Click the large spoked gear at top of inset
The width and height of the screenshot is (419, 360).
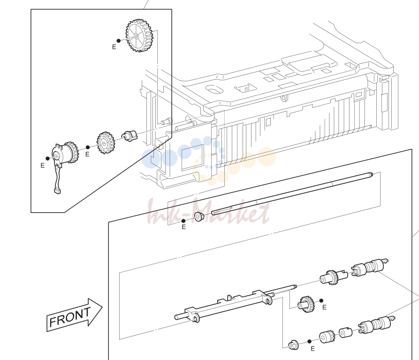(x=139, y=35)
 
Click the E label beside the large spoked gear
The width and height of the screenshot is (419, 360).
(x=114, y=47)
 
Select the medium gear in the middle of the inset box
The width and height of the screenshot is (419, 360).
(x=106, y=143)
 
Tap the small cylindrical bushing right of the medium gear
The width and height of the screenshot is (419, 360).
(x=130, y=136)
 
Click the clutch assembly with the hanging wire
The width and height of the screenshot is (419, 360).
(x=65, y=154)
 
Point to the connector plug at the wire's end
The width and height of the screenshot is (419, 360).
(x=57, y=191)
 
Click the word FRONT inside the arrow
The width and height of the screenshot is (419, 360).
(x=70, y=316)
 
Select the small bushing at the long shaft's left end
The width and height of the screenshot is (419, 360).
(x=199, y=216)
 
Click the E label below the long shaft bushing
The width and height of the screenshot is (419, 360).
(x=183, y=227)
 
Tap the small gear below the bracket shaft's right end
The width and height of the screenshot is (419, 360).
(x=306, y=305)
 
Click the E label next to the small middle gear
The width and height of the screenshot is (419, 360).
(x=324, y=307)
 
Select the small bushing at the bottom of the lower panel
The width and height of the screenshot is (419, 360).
(x=293, y=345)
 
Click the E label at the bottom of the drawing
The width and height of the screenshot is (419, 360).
(x=312, y=349)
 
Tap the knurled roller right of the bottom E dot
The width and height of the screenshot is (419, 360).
(x=327, y=337)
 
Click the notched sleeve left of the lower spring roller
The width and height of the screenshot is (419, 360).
(x=346, y=333)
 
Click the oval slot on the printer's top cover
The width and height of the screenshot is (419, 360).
(x=214, y=89)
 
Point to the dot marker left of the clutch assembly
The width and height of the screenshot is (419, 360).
(x=47, y=159)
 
